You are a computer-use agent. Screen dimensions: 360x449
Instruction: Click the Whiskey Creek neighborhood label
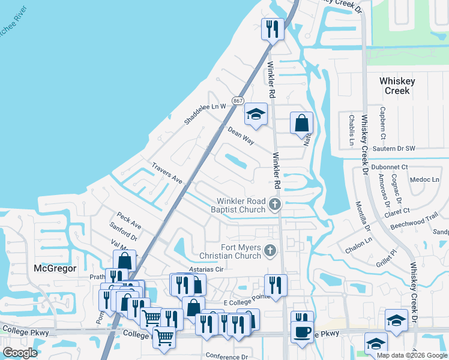click(395, 86)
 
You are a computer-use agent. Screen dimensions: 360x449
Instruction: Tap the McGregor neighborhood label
click(55, 268)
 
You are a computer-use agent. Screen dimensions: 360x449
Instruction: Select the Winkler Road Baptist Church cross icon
click(275, 205)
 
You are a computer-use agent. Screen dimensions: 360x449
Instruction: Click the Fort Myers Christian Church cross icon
click(270, 250)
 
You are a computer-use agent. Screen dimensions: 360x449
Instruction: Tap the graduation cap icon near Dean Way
click(255, 114)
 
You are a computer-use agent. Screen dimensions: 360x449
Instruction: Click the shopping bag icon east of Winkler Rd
click(301, 122)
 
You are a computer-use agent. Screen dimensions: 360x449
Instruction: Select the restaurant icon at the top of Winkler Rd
click(273, 28)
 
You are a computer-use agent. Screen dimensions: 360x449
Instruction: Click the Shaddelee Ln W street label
click(205, 112)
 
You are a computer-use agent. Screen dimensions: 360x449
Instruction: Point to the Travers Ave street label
click(167, 173)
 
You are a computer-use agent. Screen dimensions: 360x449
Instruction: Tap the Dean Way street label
click(241, 135)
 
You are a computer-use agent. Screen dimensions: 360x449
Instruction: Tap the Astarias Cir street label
click(206, 270)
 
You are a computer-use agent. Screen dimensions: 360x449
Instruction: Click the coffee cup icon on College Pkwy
click(302, 331)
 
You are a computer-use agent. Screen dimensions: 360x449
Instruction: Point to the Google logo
click(20, 352)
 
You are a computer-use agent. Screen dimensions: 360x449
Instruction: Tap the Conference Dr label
click(227, 356)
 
